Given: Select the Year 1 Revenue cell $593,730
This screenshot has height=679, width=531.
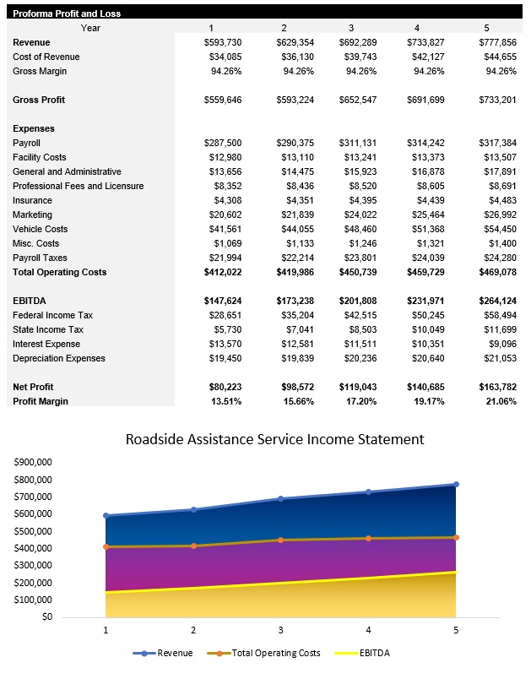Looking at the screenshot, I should pyautogui.click(x=222, y=42).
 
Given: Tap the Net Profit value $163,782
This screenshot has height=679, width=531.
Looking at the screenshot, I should pyautogui.click(x=497, y=387).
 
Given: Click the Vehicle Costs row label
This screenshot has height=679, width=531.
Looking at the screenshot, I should pyautogui.click(x=41, y=229).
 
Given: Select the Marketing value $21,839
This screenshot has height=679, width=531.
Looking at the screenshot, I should pyautogui.click(x=295, y=215).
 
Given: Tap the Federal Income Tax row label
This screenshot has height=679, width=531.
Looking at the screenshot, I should pyautogui.click(x=51, y=315).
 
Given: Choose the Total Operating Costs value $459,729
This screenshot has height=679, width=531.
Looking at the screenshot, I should pyautogui.click(x=427, y=272).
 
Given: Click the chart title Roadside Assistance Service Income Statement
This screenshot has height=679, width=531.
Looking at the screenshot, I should pyautogui.click(x=274, y=439).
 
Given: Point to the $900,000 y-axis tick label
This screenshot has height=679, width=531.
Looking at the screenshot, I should pyautogui.click(x=34, y=462).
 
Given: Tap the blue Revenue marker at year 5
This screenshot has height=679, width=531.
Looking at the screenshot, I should pyautogui.click(x=456, y=485).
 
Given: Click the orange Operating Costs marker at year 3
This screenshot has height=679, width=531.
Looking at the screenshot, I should pyautogui.click(x=281, y=540).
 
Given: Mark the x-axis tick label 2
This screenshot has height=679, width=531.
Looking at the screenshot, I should pyautogui.click(x=193, y=630).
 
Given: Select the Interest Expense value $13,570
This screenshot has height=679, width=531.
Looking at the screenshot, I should pyautogui.click(x=222, y=344).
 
